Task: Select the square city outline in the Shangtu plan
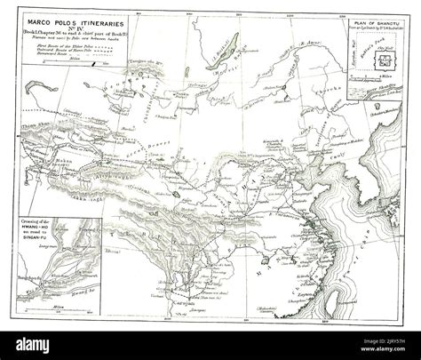click(x=384, y=61)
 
